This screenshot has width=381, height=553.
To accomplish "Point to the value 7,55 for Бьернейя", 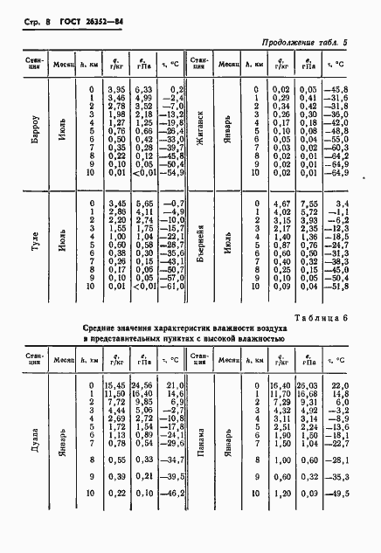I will coord(308,204).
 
